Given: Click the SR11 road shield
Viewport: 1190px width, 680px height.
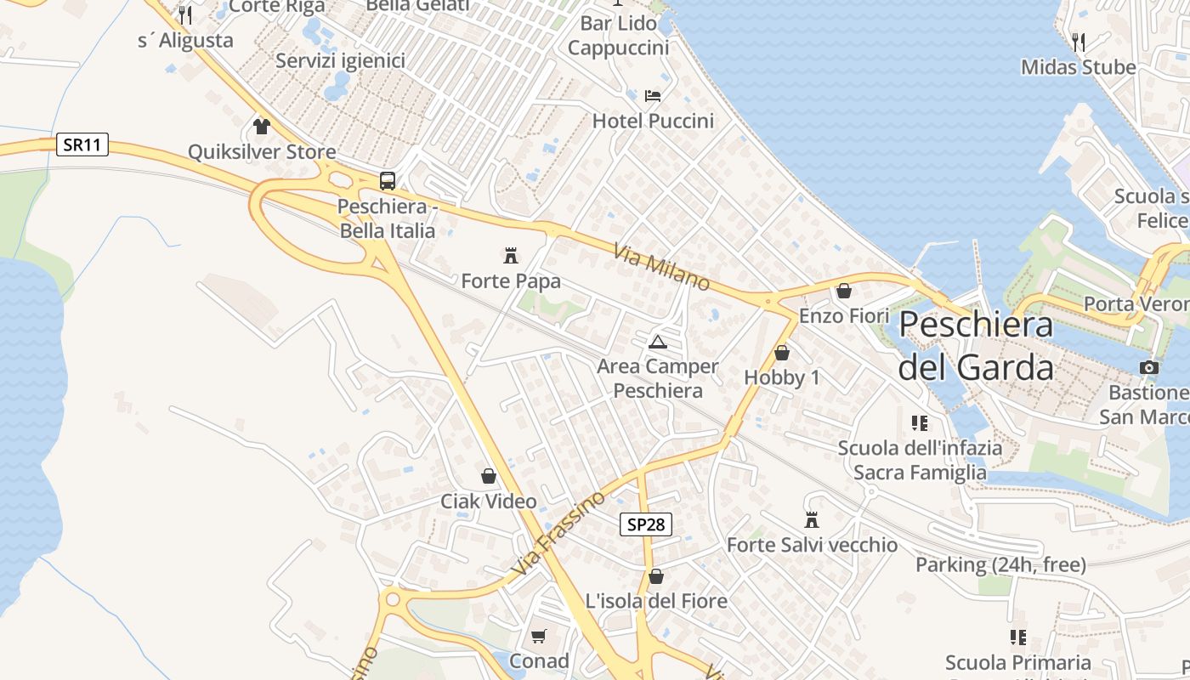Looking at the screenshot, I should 82,144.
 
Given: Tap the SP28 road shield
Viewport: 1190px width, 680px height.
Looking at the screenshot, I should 645,524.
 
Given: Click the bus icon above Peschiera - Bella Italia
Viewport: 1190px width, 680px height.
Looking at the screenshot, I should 388,180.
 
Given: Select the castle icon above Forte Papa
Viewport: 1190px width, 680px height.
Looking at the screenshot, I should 511,254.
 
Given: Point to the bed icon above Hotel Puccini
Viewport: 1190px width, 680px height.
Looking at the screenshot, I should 653,95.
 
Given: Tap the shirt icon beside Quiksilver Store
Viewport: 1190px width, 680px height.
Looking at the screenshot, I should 261,127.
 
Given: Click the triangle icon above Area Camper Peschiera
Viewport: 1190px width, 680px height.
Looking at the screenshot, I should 657,342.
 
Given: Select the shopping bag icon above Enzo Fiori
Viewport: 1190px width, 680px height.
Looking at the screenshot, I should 844,291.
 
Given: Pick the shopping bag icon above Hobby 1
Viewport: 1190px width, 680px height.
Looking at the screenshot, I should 782,353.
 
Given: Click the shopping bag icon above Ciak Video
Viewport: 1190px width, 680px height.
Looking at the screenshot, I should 489,476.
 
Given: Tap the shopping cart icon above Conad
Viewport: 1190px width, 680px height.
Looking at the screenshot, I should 539,636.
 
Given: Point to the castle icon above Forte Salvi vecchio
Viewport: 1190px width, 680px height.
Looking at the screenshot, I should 812,519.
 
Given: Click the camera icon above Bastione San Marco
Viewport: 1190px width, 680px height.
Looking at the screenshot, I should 1149,367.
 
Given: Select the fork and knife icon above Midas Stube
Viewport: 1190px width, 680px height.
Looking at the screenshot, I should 1079,42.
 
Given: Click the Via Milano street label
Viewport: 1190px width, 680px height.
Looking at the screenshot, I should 661,267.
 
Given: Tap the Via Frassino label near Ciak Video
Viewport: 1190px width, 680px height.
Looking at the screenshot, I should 559,532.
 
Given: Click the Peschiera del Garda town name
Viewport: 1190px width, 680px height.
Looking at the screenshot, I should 976,346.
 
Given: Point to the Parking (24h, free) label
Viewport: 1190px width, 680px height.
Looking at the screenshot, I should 1000,564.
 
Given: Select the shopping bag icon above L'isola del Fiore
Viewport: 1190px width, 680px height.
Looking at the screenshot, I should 656,576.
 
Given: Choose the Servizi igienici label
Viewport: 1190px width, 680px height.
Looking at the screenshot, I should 340,61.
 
